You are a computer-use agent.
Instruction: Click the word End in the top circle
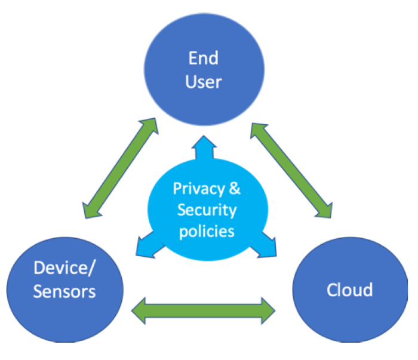[203, 58]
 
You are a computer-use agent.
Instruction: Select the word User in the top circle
[203, 82]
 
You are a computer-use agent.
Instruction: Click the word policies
[207, 231]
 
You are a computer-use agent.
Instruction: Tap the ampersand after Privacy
[235, 189]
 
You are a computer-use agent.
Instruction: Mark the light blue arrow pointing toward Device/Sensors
[146, 245]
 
